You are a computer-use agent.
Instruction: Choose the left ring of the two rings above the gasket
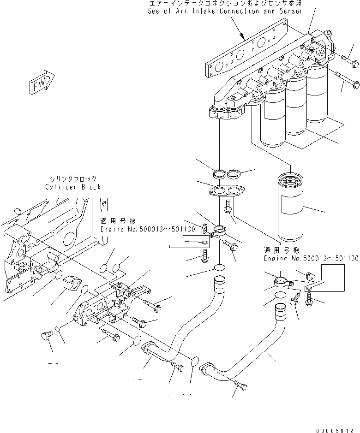pos(220,174)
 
